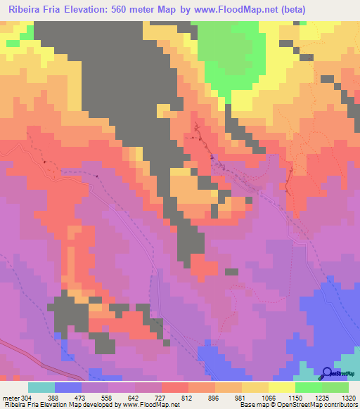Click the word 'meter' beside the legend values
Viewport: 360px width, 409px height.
pyautogui.click(x=11, y=397)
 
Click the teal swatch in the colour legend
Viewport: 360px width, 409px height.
pyautogui.click(x=41, y=387)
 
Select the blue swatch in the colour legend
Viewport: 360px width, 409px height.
pyautogui.click(x=68, y=387)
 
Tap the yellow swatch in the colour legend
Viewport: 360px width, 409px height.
pyautogui.click(x=281, y=387)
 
